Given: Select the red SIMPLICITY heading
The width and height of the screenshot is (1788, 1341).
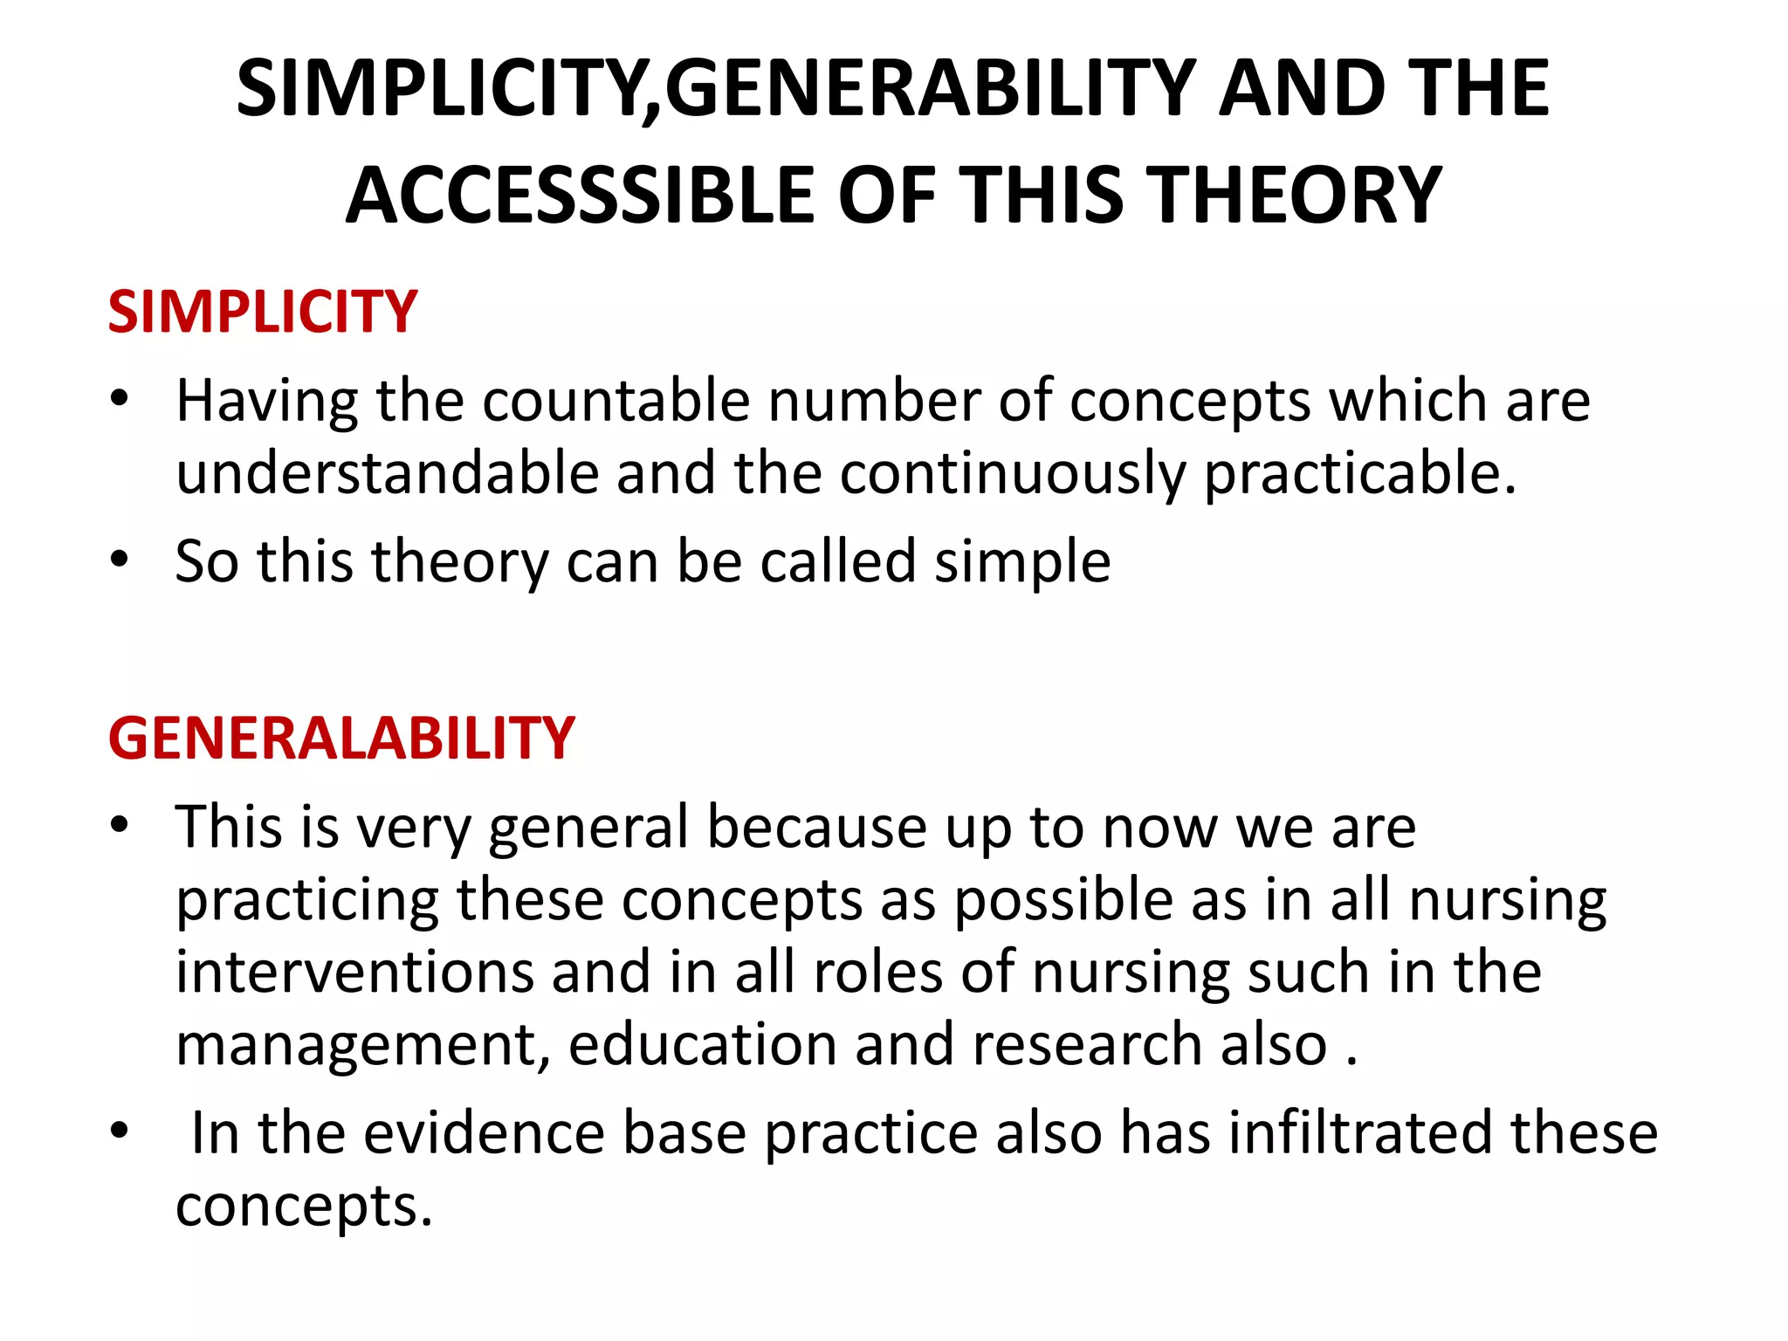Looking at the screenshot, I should point(263,312).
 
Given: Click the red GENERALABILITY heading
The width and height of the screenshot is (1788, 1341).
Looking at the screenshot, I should point(341,738).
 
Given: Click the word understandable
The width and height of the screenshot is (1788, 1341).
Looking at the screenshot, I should point(387,473).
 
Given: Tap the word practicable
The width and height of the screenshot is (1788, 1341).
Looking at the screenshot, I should point(1360,473).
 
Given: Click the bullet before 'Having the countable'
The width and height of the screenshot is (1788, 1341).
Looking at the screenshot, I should point(120,399).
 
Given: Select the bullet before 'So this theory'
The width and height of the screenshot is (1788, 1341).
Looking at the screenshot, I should point(120,559).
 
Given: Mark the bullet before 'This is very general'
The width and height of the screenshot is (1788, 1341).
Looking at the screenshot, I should point(120,824).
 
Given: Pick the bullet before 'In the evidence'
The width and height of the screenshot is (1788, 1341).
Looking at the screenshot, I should point(120,1131).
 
